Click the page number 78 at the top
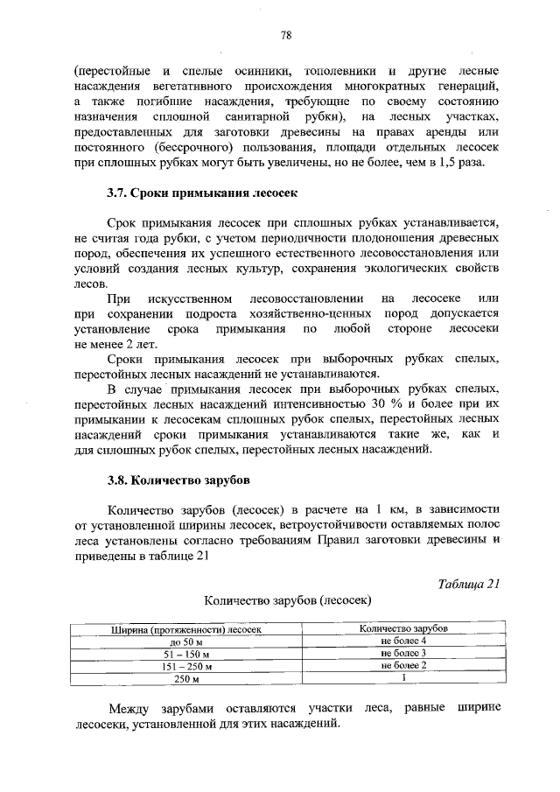point(285,35)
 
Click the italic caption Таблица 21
point(470,585)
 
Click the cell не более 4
point(403,641)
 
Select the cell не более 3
point(403,654)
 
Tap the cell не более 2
point(403,666)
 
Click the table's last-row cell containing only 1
point(403,678)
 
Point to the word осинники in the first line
point(245,70)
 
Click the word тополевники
point(338,70)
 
